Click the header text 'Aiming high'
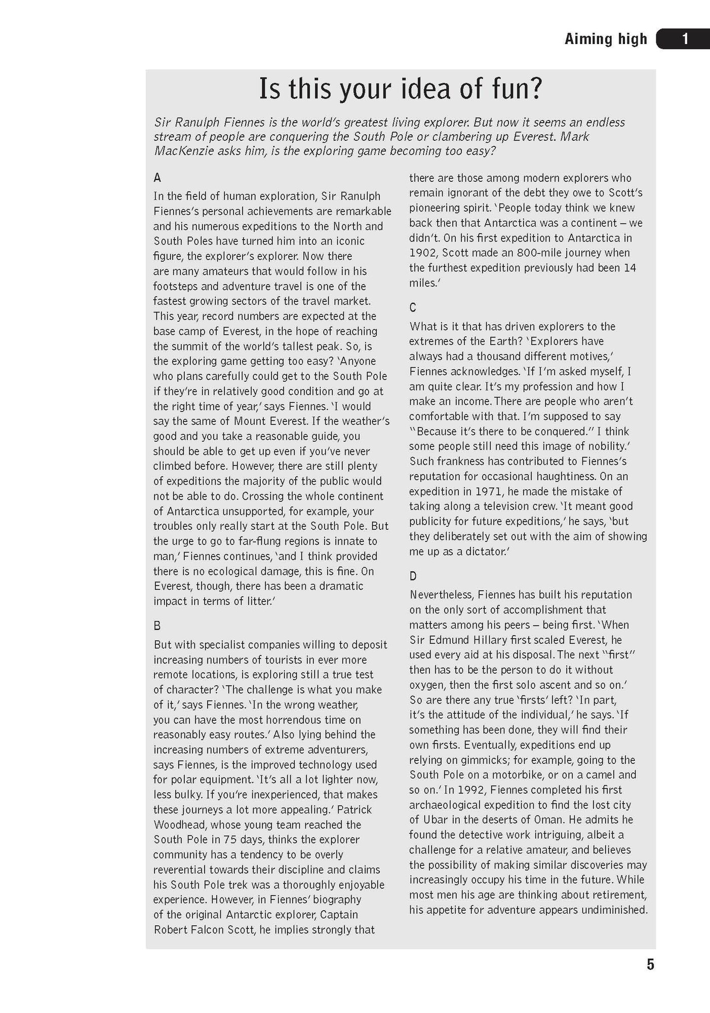coord(606,39)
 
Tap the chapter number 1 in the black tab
coord(685,39)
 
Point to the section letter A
coord(157,178)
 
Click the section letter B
coord(157,626)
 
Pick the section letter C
coord(413,307)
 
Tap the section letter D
coord(413,576)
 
